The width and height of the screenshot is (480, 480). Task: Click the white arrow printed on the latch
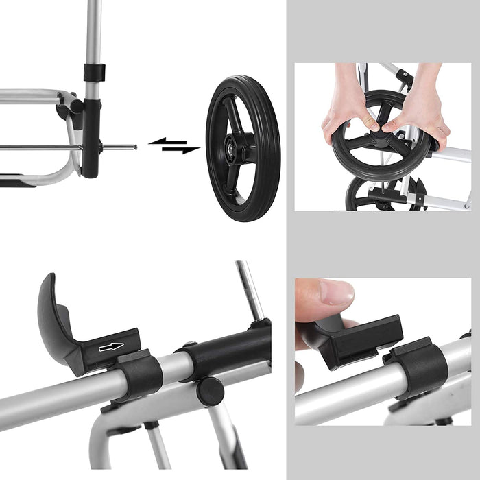[x=110, y=347]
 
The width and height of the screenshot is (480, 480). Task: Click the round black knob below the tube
[x=210, y=391]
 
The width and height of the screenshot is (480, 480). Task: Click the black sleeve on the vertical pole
[x=94, y=71]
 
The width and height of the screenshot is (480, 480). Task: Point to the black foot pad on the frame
[x=17, y=182]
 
